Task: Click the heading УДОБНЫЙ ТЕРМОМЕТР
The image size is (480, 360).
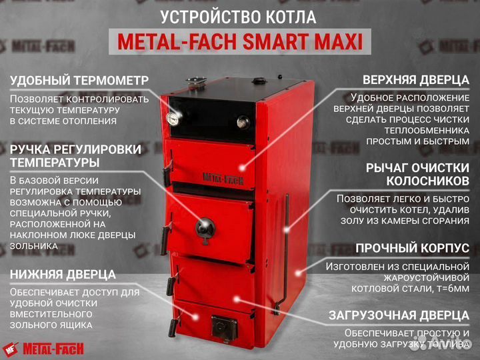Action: (79, 81)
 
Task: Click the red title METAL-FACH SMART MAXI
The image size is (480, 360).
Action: (240, 43)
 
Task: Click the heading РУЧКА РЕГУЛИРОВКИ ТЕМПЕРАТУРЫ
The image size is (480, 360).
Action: (75, 155)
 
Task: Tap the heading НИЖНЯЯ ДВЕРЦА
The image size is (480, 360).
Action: (63, 274)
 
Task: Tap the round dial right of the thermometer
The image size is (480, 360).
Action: (243, 122)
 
